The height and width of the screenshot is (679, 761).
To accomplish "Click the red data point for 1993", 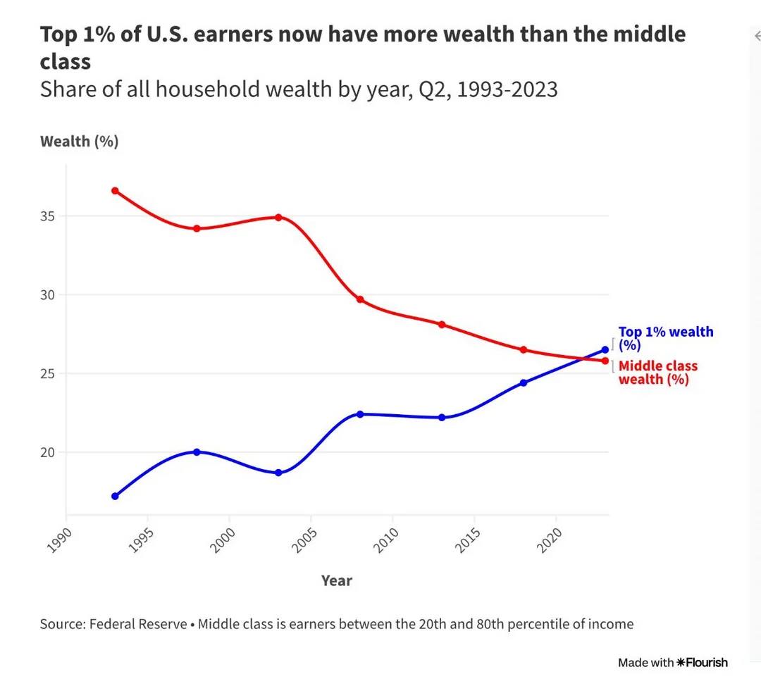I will pyautogui.click(x=115, y=191).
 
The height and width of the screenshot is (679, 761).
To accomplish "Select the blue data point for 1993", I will pyautogui.click(x=115, y=497).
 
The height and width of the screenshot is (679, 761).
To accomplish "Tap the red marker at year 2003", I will pyautogui.click(x=278, y=218).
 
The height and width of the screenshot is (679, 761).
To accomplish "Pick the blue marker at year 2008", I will pyautogui.click(x=360, y=414).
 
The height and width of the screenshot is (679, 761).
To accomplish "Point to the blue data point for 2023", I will pyautogui.click(x=605, y=350).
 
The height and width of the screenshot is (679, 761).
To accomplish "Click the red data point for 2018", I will pyautogui.click(x=524, y=350).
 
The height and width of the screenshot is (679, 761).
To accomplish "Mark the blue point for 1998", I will pyautogui.click(x=197, y=452).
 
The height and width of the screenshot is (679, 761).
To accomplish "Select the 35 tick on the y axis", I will pyautogui.click(x=48, y=216).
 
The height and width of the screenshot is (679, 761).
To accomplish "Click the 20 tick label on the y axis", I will pyautogui.click(x=48, y=452).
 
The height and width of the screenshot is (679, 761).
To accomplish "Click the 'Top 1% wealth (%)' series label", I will pyautogui.click(x=665, y=338).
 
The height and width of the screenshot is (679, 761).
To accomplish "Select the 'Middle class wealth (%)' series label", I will pyautogui.click(x=657, y=373).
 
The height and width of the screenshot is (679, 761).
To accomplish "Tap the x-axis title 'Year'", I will pyautogui.click(x=337, y=581).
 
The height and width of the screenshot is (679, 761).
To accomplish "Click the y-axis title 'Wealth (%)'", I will pyautogui.click(x=80, y=142).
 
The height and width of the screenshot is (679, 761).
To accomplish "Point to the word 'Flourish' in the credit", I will pyautogui.click(x=707, y=663).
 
